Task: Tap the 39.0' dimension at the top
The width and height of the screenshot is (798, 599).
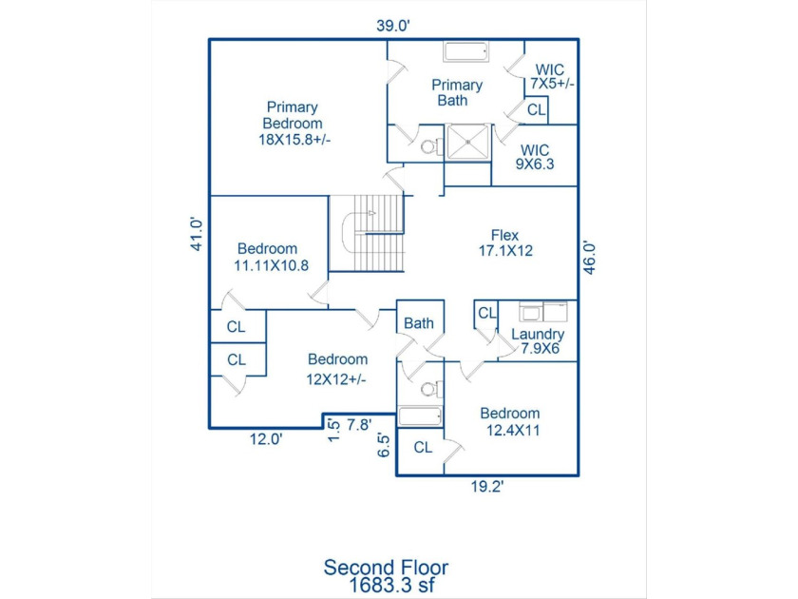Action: coord(393,26)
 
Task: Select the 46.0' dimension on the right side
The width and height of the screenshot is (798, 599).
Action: coord(589,258)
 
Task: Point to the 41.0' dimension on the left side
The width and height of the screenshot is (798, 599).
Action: coord(197,234)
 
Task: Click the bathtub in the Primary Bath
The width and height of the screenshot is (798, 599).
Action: coord(466,51)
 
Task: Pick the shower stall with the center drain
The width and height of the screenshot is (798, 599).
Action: coord(467,142)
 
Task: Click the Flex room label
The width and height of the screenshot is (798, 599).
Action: coord(505,243)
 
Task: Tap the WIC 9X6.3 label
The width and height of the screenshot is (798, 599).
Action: coord(534,157)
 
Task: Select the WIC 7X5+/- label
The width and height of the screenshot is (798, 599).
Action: coord(552,76)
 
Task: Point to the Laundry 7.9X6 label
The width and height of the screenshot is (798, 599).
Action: coord(538,341)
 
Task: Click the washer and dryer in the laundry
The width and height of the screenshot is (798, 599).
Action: coord(543,312)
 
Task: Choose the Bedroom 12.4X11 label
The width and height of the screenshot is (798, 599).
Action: coord(510,422)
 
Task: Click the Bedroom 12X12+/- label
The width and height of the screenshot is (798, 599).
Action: coord(336,369)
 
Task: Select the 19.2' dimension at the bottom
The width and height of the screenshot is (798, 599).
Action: coord(487,487)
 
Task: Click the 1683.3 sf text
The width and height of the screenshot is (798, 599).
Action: coord(390,585)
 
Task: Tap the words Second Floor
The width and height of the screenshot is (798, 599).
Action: coord(386,568)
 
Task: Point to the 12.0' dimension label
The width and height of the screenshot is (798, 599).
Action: coord(266,439)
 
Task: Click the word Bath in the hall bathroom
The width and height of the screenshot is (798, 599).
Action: coord(419,323)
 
